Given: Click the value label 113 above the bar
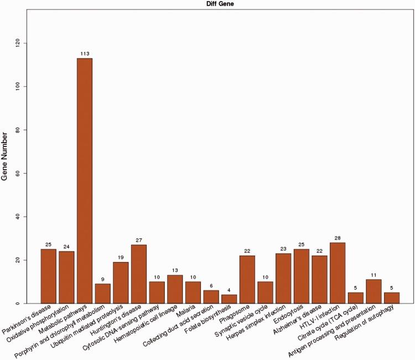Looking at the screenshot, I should coord(84,54).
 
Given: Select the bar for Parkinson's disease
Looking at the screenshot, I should coord(49,276).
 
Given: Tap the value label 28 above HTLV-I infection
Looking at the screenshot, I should coord(336,238).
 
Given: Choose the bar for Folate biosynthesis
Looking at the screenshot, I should coord(229,299).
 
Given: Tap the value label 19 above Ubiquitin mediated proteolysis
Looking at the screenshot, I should coord(120,258).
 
